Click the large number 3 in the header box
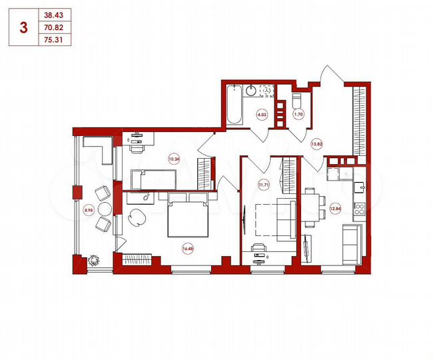click(x=24, y=27)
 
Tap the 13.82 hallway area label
click(x=317, y=142)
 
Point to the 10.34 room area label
click(x=174, y=159)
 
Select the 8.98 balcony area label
click(x=88, y=210)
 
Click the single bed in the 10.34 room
click(x=153, y=179)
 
